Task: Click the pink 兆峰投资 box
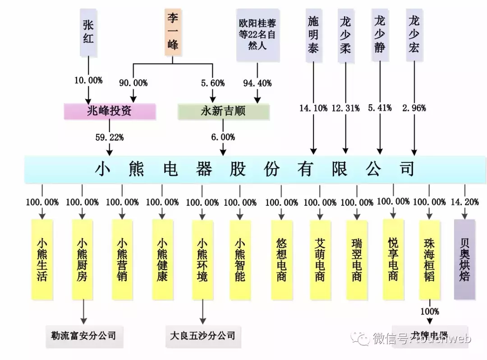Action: click(110, 111)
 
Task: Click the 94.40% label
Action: click(257, 83)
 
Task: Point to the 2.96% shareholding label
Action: click(414, 108)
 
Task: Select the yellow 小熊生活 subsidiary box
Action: click(42, 259)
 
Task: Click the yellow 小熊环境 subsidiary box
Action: click(202, 259)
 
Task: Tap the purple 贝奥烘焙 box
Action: click(464, 259)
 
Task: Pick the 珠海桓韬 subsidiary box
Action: click(429, 259)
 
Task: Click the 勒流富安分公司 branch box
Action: click(83, 336)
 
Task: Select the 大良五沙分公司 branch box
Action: click(202, 336)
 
